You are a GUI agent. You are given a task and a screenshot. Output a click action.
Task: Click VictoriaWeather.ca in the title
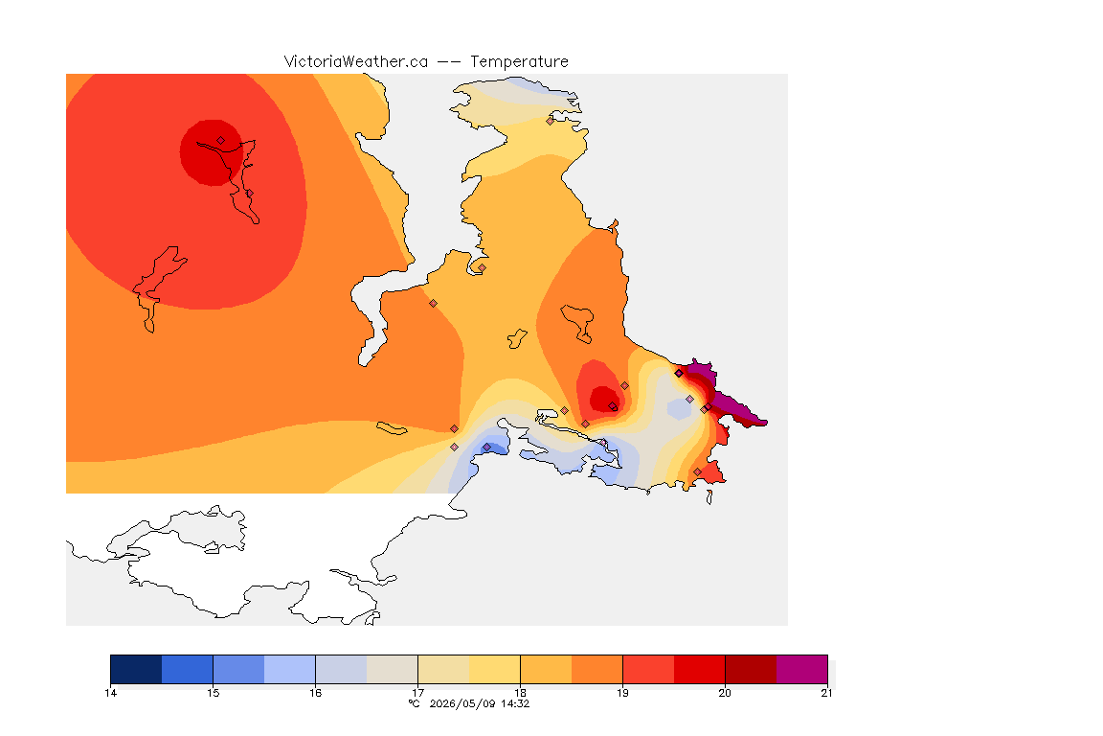tap(356, 62)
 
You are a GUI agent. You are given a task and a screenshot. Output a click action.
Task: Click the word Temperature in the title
tap(519, 62)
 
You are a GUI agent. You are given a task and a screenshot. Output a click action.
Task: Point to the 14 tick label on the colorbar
tap(110, 693)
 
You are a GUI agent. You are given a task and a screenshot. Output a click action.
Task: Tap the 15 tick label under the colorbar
tap(214, 693)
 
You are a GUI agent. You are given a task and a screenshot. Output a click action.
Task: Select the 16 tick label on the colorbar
tap(315, 693)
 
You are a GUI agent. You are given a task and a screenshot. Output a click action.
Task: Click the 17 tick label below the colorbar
tap(417, 693)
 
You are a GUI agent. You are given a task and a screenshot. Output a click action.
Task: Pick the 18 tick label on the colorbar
tap(521, 693)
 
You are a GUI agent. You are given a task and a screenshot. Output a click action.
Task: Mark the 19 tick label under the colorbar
tap(622, 693)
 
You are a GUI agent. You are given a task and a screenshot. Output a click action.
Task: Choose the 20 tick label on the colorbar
tap(725, 693)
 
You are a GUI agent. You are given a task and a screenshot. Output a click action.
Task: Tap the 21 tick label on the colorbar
tap(826, 693)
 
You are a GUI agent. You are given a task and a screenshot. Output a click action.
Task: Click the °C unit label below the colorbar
tap(415, 703)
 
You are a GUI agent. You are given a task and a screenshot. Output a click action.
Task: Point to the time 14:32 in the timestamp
tap(515, 703)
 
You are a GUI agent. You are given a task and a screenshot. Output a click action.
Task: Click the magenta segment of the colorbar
tap(802, 669)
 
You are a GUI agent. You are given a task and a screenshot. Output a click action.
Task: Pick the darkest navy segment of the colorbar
tap(136, 669)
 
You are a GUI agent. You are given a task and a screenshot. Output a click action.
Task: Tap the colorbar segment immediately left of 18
tap(494, 669)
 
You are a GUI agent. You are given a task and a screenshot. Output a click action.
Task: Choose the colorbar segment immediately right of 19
tap(648, 669)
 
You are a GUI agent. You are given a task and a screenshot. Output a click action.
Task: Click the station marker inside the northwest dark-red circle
tap(221, 141)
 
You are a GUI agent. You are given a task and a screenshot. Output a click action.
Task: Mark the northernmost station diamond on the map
tap(551, 121)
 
